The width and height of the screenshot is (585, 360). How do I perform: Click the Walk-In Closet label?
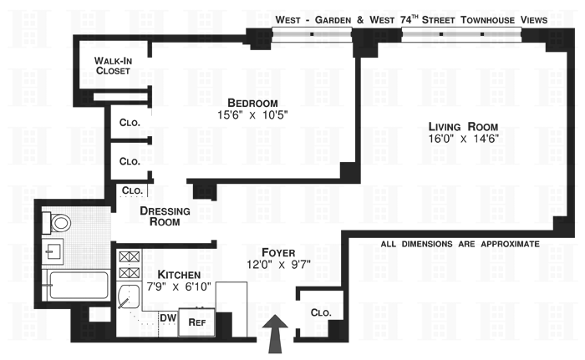point(112,66)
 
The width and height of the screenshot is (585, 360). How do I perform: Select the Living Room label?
point(450,125)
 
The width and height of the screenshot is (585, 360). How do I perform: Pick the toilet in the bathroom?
point(58,224)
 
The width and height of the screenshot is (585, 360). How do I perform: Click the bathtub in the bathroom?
point(74,285)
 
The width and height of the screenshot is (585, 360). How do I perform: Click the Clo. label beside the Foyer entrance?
point(321,312)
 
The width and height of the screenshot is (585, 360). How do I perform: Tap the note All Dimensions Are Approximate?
point(460,244)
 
